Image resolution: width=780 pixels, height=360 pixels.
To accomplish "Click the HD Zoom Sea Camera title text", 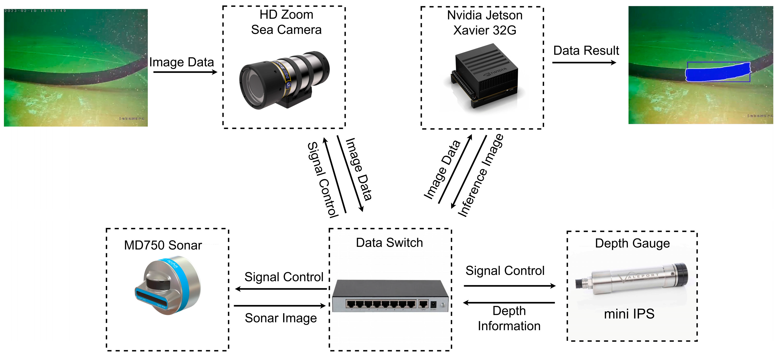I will coord(286,22).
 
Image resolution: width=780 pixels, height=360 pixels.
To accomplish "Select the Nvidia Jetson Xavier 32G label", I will coord(485,23).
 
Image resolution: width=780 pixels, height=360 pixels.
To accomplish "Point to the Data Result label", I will coord(586,51).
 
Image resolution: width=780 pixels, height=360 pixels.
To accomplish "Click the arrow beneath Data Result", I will coord(584,63).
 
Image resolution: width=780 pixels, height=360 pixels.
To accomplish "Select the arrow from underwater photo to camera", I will coord(185,72).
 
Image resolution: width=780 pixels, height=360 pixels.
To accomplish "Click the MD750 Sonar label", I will coord(163,245).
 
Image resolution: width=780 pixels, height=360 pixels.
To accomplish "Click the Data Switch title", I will coord(389,243).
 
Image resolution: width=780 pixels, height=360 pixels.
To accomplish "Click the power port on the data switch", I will coord(433,304).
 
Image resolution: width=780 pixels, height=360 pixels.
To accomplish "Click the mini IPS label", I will coord(629,314).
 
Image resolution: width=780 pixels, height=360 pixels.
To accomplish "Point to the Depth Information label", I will coord(509,319).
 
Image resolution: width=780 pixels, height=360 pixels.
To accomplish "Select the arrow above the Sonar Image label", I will coord(280,306).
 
